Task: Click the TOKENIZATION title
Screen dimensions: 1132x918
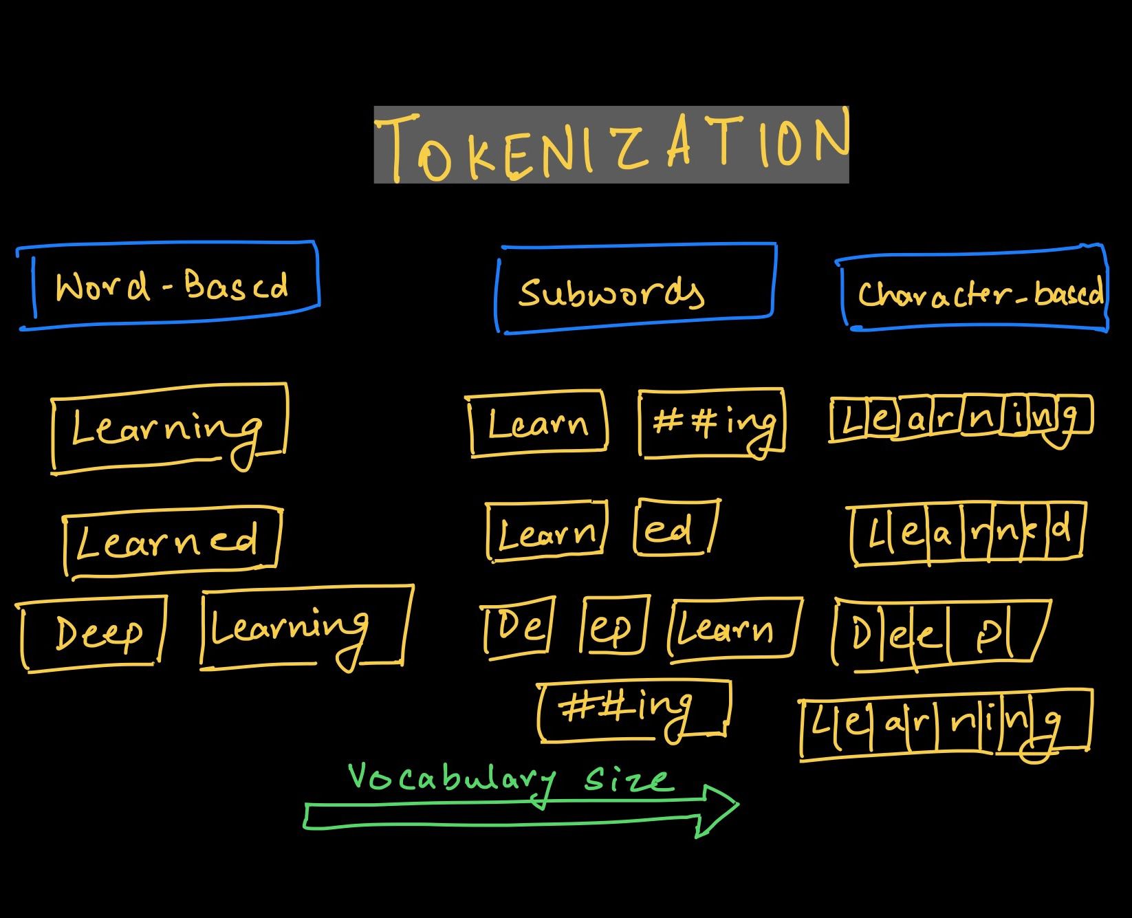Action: (611, 145)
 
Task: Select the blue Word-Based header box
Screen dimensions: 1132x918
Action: (169, 285)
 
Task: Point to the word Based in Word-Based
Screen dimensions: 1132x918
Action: (235, 285)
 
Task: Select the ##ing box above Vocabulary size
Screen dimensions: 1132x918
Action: (633, 710)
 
